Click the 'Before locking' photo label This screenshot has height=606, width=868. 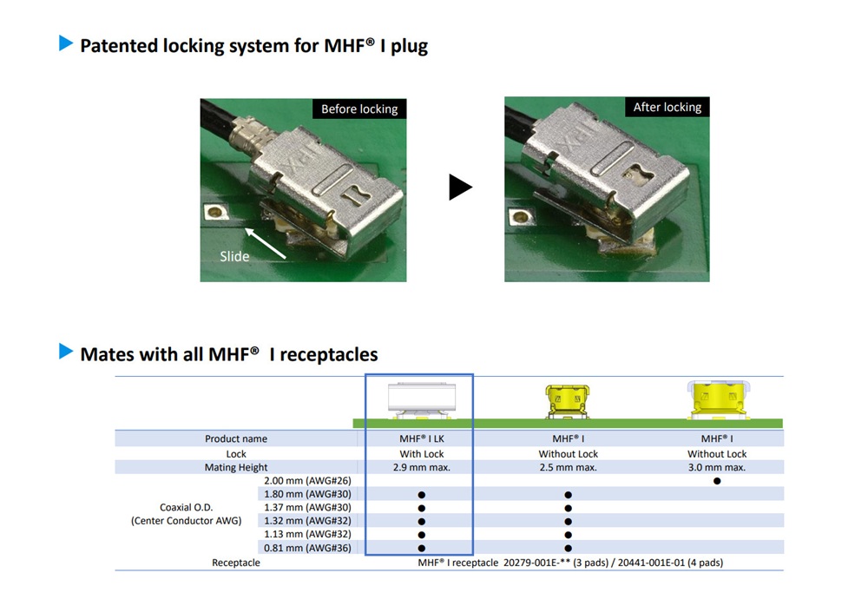359,109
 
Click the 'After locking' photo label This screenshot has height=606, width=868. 667,107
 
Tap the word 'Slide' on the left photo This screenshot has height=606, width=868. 234,256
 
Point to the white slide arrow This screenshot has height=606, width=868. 268,242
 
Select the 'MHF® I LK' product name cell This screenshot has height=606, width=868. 421,439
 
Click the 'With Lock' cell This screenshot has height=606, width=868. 421,454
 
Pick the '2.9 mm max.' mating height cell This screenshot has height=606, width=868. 421,468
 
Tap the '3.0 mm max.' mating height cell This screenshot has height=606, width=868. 717,468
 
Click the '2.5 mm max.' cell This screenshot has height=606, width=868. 569,468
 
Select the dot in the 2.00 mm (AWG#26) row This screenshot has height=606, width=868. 717,481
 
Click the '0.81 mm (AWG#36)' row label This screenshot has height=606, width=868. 307,548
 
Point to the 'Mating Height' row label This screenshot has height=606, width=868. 236,468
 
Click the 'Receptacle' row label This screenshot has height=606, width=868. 236,563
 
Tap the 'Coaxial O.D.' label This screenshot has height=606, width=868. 187,508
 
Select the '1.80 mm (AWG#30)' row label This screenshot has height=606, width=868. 307,494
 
